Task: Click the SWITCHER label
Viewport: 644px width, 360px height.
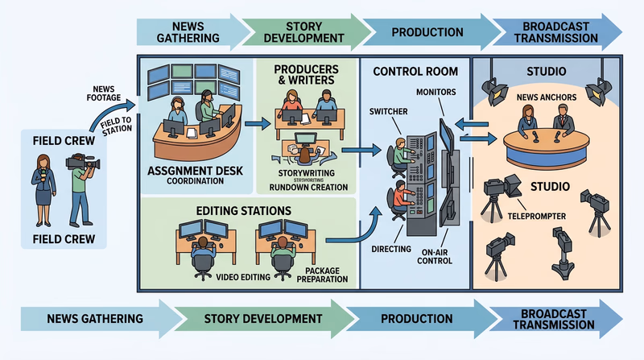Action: pyautogui.click(x=386, y=110)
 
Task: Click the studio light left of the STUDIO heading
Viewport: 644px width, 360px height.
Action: pyautogui.click(x=489, y=87)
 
